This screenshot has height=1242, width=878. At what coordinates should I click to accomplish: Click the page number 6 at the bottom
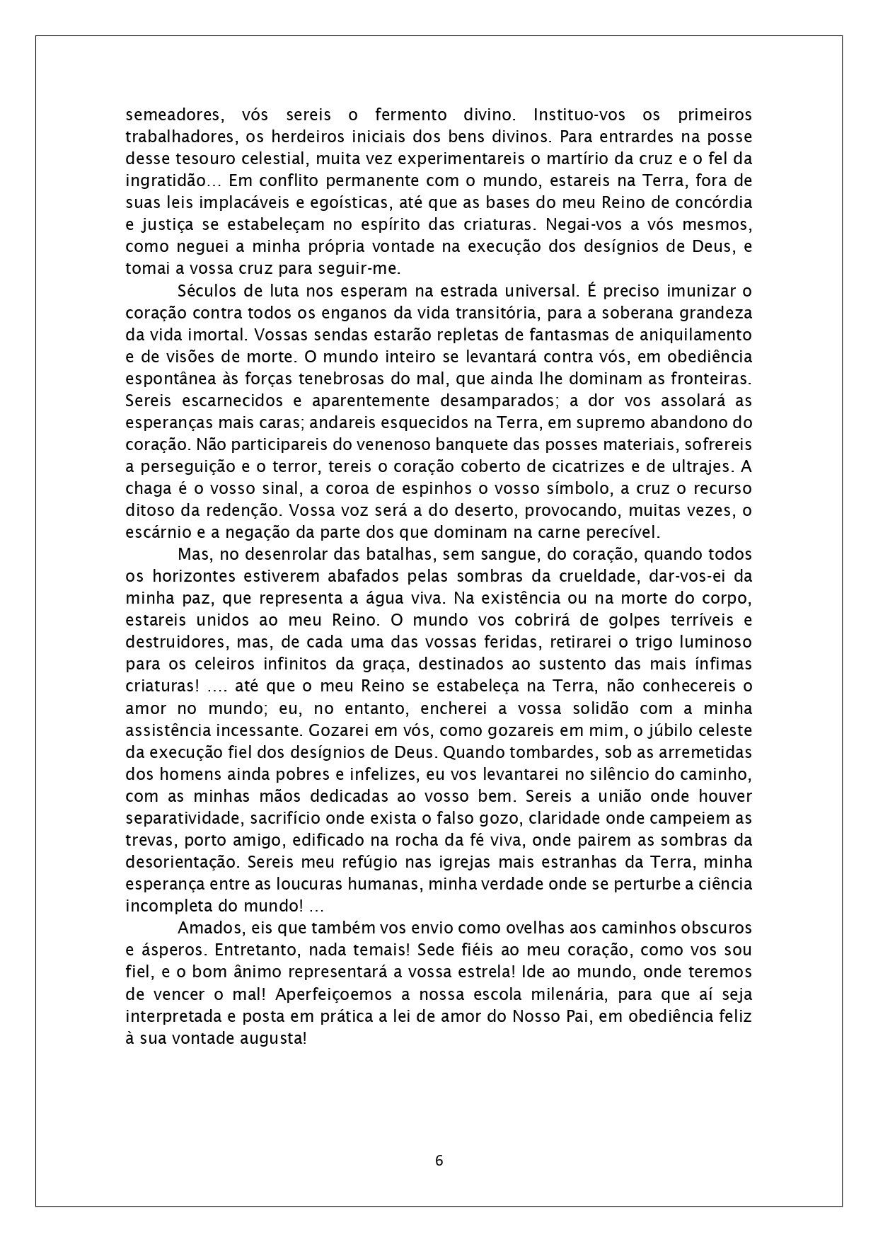tap(439, 1160)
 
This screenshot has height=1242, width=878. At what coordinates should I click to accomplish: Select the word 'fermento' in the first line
tap(411, 115)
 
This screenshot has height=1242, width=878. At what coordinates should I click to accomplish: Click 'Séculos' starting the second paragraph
tap(208, 291)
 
